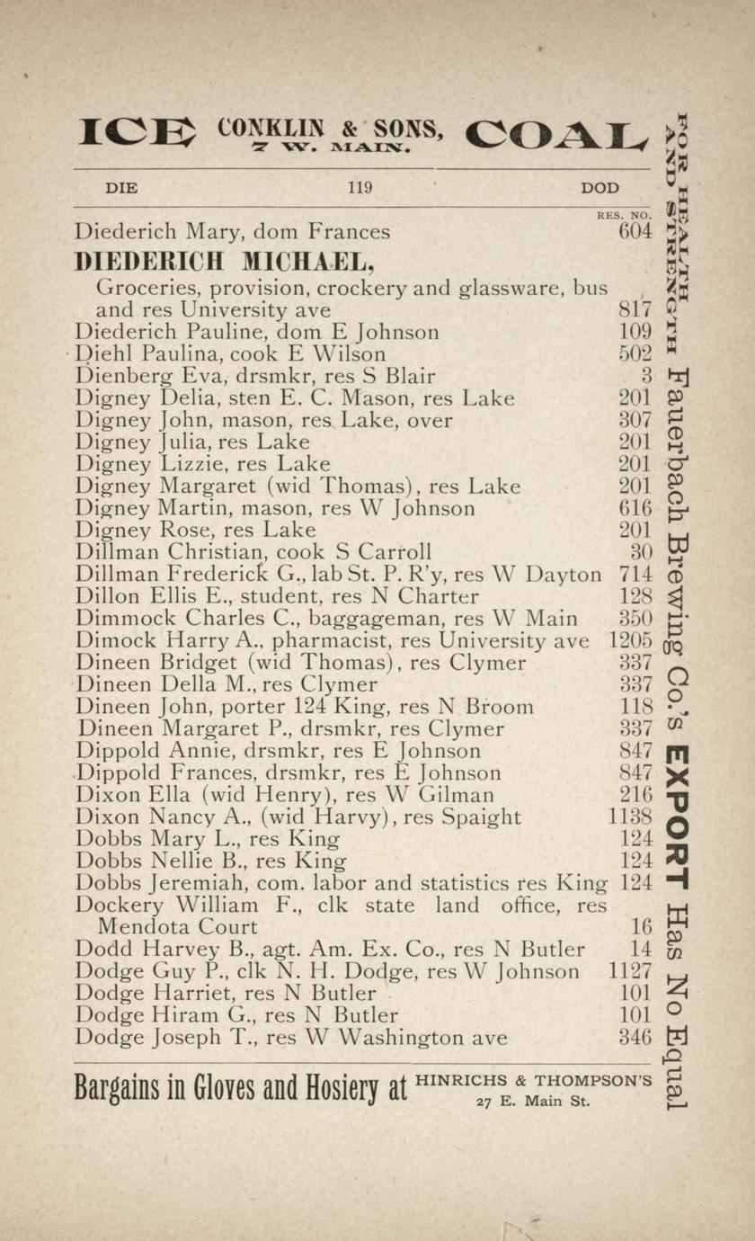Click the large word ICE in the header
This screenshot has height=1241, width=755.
[x=137, y=133]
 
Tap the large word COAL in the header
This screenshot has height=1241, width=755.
[x=556, y=135]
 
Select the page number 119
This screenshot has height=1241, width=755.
[x=360, y=188]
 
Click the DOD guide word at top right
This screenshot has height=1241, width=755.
[x=600, y=188]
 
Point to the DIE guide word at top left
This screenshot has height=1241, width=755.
[x=121, y=188]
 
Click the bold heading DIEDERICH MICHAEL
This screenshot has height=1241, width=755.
[x=224, y=262]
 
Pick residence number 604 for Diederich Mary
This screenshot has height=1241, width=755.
[x=635, y=232]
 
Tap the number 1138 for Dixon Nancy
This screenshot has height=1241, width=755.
[x=630, y=817]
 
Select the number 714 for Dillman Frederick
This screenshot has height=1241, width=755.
[x=635, y=574]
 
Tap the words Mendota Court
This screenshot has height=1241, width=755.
[x=177, y=926]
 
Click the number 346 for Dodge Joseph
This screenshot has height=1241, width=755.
[x=635, y=1037]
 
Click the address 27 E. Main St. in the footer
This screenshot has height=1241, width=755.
[x=532, y=1101]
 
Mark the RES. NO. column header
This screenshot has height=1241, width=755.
[x=623, y=216]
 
